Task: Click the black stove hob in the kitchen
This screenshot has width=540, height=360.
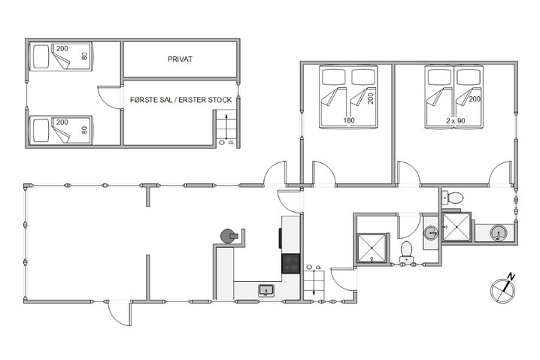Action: (x=291, y=264)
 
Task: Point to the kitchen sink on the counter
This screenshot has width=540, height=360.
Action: (x=265, y=290)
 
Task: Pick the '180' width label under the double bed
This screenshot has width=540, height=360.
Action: (x=349, y=119)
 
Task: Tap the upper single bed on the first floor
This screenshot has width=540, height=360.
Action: (x=60, y=56)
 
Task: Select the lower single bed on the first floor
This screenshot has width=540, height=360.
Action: (x=60, y=129)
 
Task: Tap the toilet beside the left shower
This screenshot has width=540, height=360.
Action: (x=406, y=250)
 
